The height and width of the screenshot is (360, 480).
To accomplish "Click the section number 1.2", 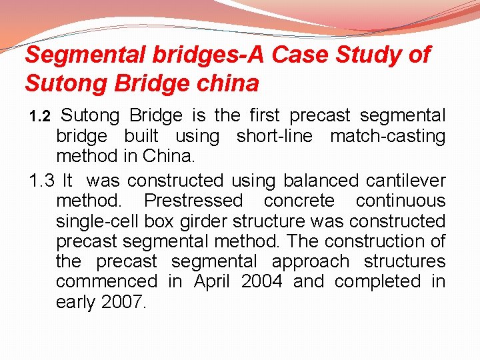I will click(x=40, y=117).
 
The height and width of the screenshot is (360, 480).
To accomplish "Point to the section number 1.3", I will click(x=41, y=181).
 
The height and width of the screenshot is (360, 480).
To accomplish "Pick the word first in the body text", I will click(x=266, y=116).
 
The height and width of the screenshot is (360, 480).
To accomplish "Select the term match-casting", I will click(x=387, y=137).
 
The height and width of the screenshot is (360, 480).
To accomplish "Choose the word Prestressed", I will click(x=193, y=201).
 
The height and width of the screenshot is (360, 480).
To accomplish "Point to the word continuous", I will click(x=400, y=201).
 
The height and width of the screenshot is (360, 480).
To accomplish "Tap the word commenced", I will click(x=107, y=281).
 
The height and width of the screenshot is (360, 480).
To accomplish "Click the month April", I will click(x=212, y=282).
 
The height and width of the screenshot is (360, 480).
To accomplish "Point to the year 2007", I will click(x=123, y=302).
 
